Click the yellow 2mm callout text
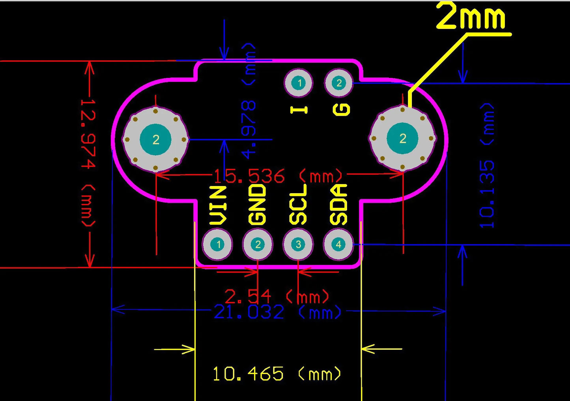point(471,17)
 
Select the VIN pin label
point(218,205)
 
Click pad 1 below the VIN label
point(217,245)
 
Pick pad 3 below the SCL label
point(298,245)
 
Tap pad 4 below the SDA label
point(338,245)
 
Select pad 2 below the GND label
point(258,245)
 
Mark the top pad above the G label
point(338,83)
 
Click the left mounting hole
point(155,139)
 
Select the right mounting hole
point(402,138)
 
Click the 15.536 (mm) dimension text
point(278,176)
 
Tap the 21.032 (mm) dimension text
point(278,313)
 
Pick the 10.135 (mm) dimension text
point(487,166)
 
